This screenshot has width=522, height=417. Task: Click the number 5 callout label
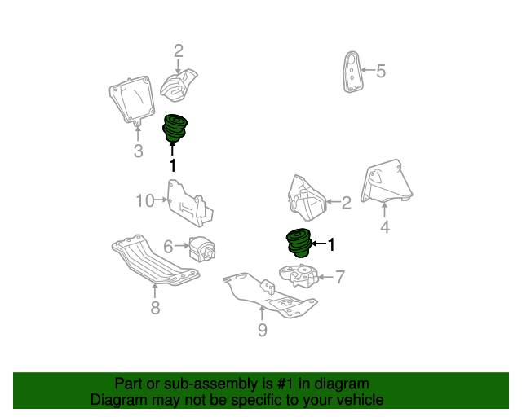tap(380, 72)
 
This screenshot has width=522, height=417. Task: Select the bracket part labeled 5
tap(352, 72)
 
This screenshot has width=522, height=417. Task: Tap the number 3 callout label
tap(138, 151)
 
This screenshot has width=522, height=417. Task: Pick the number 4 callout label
tap(385, 228)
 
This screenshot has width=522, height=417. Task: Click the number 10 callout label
tap(144, 200)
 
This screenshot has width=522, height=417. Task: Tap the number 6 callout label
tap(168, 245)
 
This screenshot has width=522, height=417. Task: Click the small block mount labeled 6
tap(201, 247)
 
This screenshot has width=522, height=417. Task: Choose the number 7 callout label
tap(340, 277)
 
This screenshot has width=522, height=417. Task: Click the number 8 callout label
tap(155, 307)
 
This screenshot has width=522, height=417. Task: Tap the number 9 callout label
tap(262, 329)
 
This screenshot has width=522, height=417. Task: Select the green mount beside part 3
tap(175, 126)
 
